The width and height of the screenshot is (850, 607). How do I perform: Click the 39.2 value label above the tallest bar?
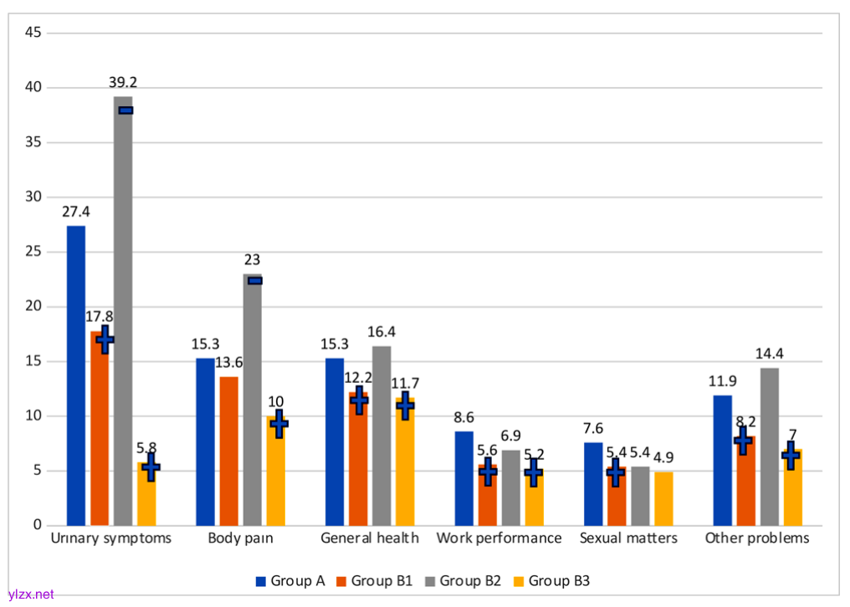click(x=123, y=83)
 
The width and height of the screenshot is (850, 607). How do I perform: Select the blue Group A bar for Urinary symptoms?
click(x=76, y=376)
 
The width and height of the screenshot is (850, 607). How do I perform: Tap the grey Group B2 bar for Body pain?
click(x=253, y=401)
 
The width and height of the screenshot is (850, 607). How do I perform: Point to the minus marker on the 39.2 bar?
click(x=125, y=110)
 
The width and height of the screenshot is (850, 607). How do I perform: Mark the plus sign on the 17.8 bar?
click(x=105, y=339)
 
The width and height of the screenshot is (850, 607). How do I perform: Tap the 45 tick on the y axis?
click(x=34, y=33)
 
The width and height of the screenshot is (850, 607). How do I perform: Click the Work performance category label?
click(x=499, y=538)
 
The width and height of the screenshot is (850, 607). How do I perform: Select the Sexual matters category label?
click(x=628, y=538)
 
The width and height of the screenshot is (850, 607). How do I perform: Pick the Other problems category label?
click(x=757, y=538)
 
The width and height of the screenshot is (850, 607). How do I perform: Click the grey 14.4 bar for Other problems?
click(x=769, y=447)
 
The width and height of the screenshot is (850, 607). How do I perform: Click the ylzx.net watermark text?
click(x=30, y=594)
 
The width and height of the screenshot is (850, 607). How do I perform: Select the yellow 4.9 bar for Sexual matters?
click(x=663, y=499)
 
